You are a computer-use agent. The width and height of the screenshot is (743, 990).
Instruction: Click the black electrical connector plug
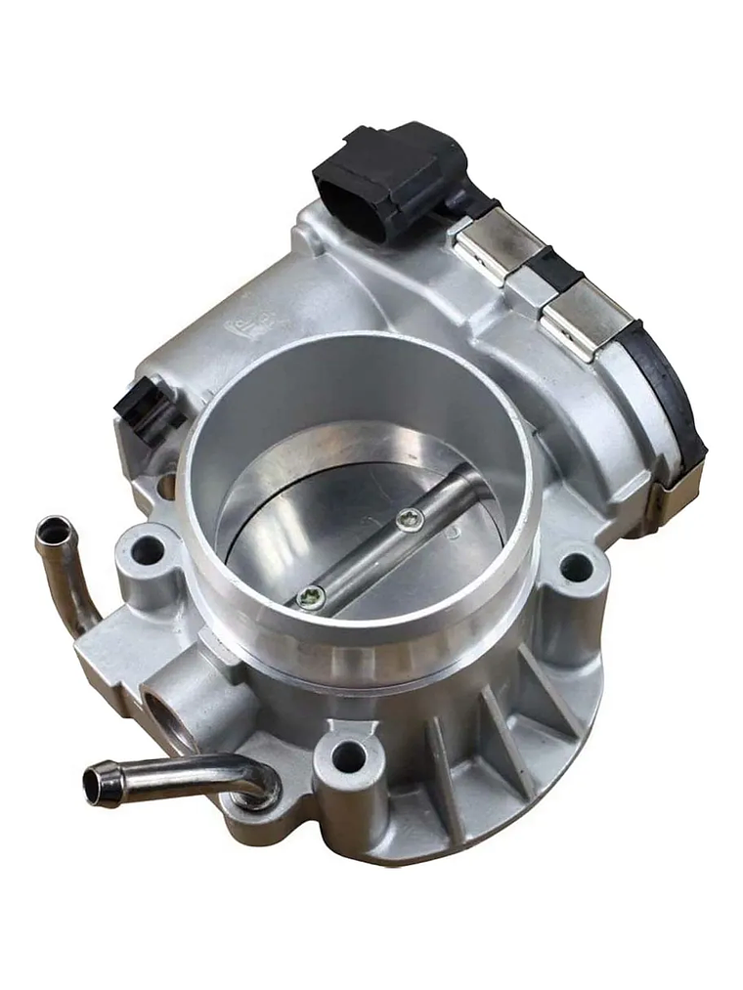click(386, 181)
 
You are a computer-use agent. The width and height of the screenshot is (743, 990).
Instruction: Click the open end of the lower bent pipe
click(97, 785)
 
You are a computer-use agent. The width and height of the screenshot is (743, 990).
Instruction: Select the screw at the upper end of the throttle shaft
click(413, 521)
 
